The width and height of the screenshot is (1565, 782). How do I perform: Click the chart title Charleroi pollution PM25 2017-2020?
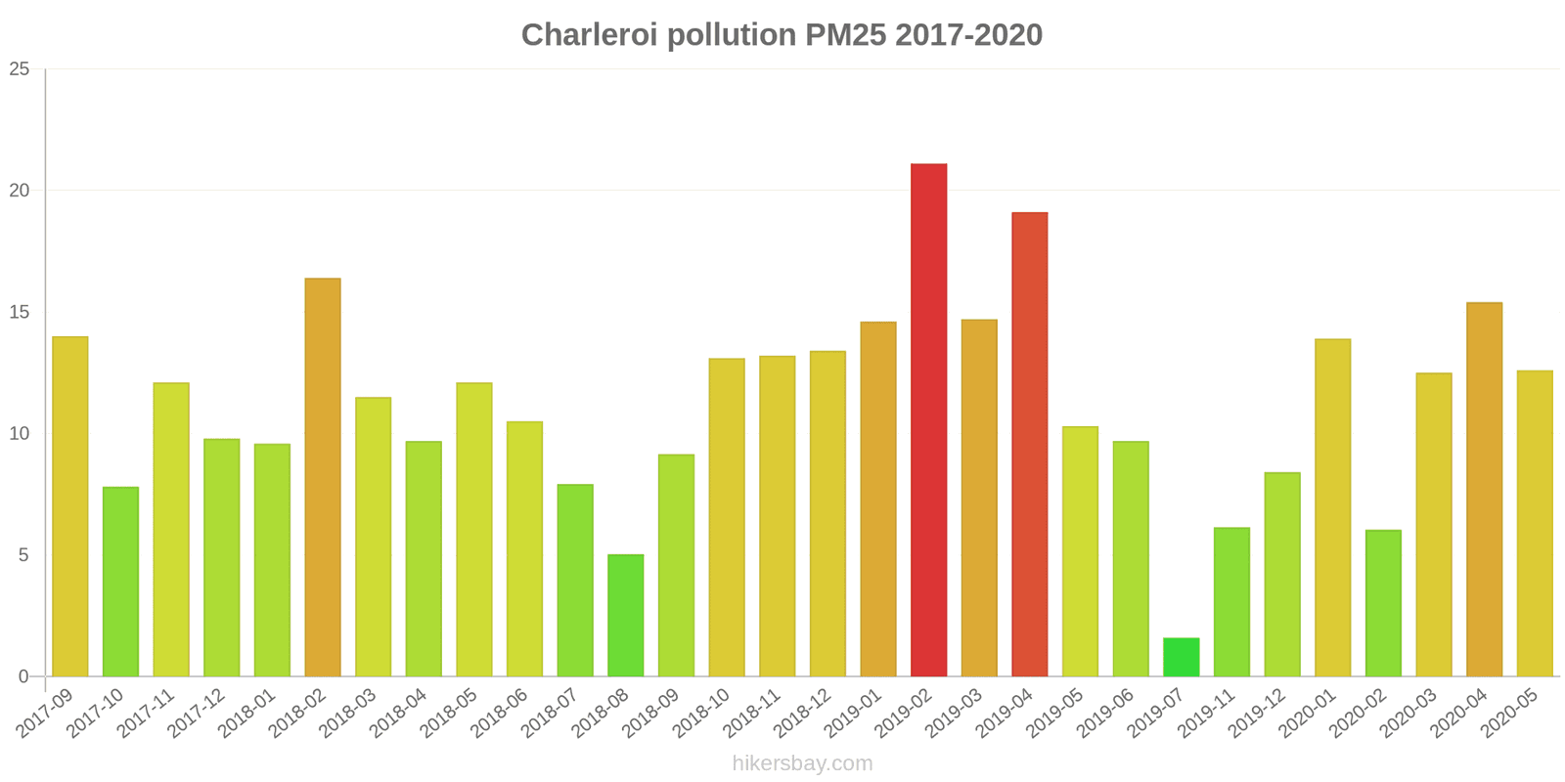click(782, 35)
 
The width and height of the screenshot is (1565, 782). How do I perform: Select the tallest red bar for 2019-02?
click(928, 419)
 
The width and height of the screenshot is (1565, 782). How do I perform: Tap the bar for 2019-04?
click(1030, 444)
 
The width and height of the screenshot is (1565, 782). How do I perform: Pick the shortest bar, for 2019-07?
click(1182, 657)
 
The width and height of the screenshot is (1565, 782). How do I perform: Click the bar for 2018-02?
click(323, 477)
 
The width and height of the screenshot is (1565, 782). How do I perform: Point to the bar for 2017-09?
click(69, 506)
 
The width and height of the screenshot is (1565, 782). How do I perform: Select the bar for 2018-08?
click(626, 615)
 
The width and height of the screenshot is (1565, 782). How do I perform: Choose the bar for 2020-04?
click(1485, 490)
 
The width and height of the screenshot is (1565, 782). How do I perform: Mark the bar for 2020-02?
click(1383, 603)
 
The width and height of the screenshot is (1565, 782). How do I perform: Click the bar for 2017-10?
click(121, 582)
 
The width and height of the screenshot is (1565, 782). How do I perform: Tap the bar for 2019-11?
click(1231, 602)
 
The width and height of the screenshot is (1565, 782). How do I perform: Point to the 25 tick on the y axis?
click(20, 68)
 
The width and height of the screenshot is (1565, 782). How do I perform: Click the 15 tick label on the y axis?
click(20, 312)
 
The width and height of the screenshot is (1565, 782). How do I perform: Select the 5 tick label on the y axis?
click(23, 554)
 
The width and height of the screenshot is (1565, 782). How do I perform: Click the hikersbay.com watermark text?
click(802, 763)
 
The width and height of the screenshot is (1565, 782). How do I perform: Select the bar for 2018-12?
click(827, 513)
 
